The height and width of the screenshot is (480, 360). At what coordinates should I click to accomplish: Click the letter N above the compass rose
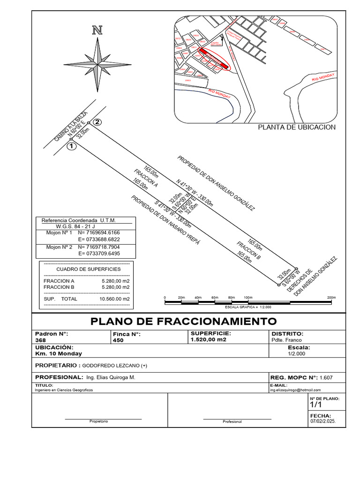pos(97,31)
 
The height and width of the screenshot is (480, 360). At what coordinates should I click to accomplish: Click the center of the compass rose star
pos(97,64)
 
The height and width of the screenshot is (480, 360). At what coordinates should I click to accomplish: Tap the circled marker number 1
pos(71,146)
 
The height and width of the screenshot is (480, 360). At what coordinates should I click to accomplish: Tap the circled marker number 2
pos(97,122)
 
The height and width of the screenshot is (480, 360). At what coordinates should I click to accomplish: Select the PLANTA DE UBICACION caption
pos(297,127)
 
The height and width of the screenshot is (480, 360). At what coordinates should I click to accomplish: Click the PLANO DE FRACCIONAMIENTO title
pos(183,321)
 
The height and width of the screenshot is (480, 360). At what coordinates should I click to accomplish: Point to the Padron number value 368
pos(41,340)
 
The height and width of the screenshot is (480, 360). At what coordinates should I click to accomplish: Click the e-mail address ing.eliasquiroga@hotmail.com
pos(295,390)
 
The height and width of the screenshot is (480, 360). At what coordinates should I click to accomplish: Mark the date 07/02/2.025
pos(323,421)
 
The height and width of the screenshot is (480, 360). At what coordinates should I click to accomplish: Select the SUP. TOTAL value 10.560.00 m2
pos(114,299)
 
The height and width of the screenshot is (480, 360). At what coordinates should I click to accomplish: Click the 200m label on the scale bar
pos(331,298)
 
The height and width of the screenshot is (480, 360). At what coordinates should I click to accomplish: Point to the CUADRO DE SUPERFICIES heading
pos(88,269)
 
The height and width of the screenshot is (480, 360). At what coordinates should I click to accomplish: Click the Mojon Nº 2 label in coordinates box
pos(59,247)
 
